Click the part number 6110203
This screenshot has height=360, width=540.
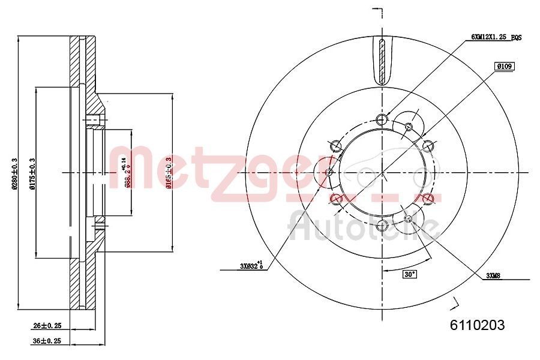point(477,325)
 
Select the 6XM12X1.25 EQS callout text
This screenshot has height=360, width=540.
point(496,37)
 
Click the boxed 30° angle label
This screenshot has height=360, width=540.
point(409,275)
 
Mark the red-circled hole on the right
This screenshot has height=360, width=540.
point(428,199)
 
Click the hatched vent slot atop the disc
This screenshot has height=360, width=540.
point(383,62)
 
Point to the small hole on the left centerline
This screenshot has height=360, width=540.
point(329,173)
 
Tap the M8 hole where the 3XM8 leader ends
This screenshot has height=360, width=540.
point(409,218)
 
